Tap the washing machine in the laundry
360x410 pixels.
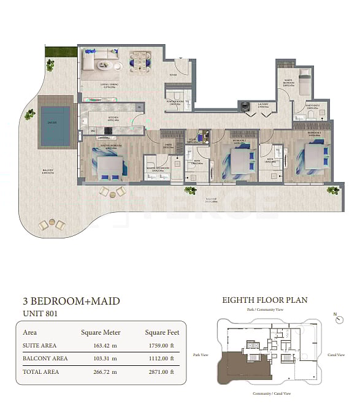pos(245,105)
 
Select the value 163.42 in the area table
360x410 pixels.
pos(101,346)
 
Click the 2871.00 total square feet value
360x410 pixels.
pos(158,371)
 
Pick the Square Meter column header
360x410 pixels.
pos(101,333)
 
